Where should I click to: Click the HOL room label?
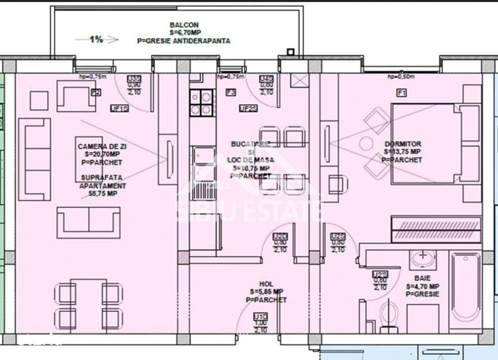266,291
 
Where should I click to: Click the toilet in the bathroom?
388,314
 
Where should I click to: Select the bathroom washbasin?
423,258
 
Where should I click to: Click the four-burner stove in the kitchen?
201,102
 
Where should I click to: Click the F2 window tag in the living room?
96,92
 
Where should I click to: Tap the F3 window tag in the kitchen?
231,92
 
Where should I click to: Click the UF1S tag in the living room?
120,108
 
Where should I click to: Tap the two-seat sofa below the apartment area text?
88,222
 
